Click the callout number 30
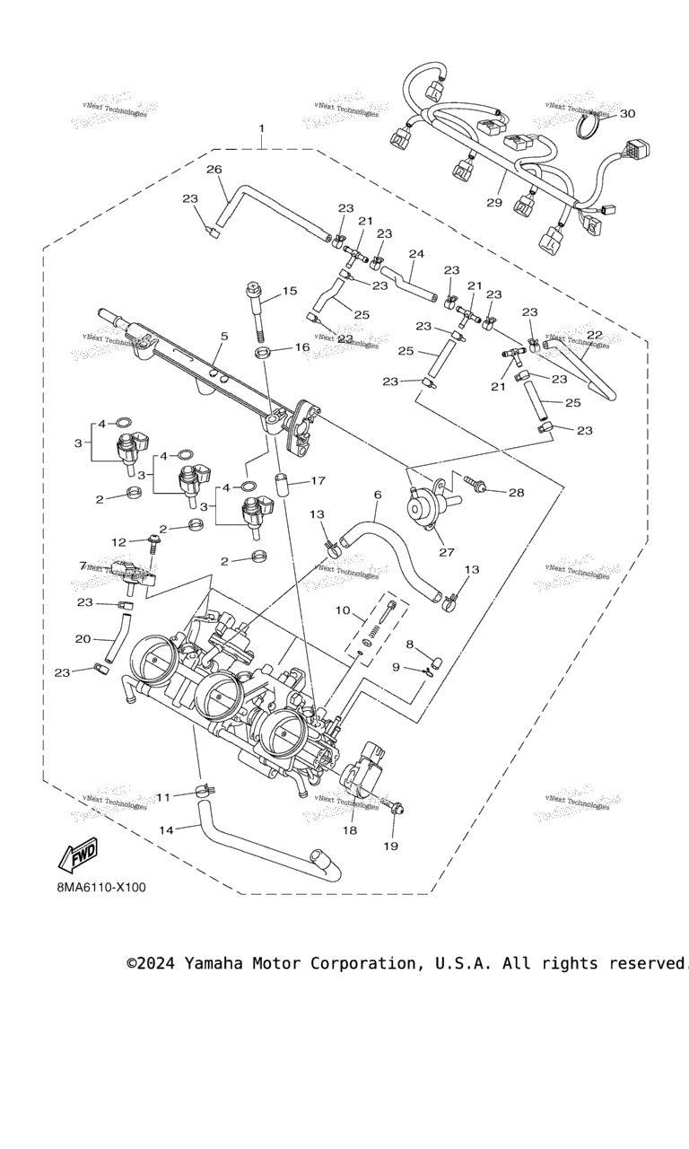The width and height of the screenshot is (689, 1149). [x=627, y=114]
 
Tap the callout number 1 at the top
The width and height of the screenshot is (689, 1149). [x=262, y=128]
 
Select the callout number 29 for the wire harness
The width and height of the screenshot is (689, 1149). [x=494, y=203]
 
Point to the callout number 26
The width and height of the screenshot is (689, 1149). [x=214, y=169]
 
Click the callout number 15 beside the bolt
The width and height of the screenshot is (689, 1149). [x=289, y=291]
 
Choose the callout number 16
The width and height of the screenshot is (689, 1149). [x=301, y=347]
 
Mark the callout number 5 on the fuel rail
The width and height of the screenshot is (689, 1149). [x=224, y=337]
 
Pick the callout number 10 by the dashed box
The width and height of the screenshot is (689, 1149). [x=343, y=610]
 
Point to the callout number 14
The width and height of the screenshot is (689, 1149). [x=166, y=830]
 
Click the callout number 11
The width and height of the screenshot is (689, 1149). [x=163, y=796]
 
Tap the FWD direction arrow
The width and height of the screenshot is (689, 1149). [x=77, y=857]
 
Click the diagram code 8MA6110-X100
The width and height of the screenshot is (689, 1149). [x=100, y=888]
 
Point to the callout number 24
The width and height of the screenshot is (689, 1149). [x=414, y=254]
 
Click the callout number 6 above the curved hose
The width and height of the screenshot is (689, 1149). [x=378, y=495]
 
